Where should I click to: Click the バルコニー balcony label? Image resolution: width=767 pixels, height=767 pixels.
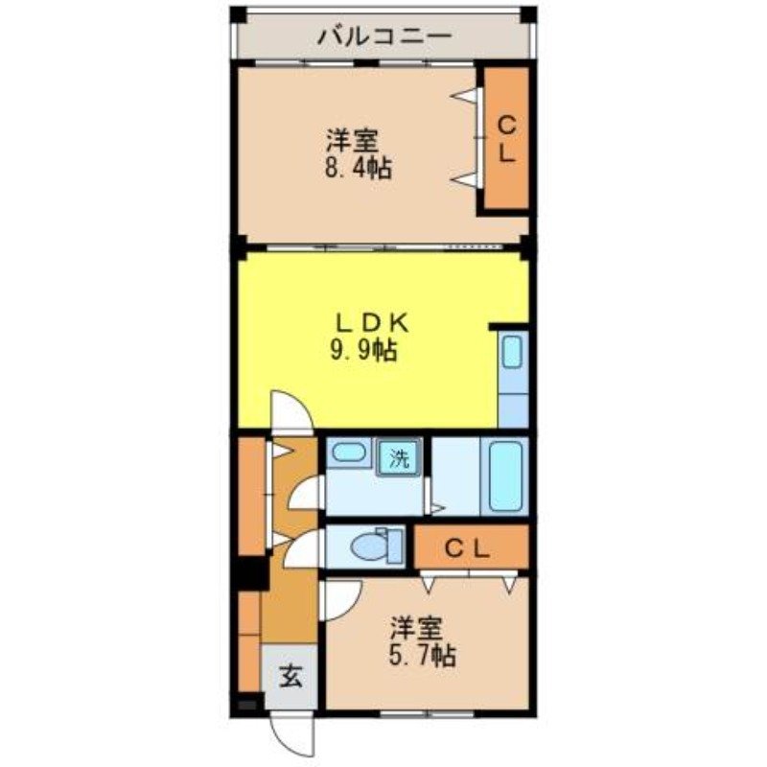click(383, 37)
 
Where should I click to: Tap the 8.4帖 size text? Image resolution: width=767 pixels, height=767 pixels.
click(357, 169)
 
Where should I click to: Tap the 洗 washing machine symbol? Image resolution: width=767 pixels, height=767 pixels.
click(398, 458)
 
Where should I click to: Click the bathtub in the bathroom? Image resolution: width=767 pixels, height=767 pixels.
click(505, 476)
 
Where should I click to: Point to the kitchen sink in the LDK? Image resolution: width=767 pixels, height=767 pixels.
click(513, 352)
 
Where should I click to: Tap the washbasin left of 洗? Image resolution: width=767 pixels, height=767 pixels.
click(346, 453)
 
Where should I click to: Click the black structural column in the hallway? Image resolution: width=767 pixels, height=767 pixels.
click(252, 572)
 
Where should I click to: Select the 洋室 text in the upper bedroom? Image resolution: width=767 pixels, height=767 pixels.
click(350, 142)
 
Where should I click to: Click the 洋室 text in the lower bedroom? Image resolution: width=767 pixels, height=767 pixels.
click(415, 629)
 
